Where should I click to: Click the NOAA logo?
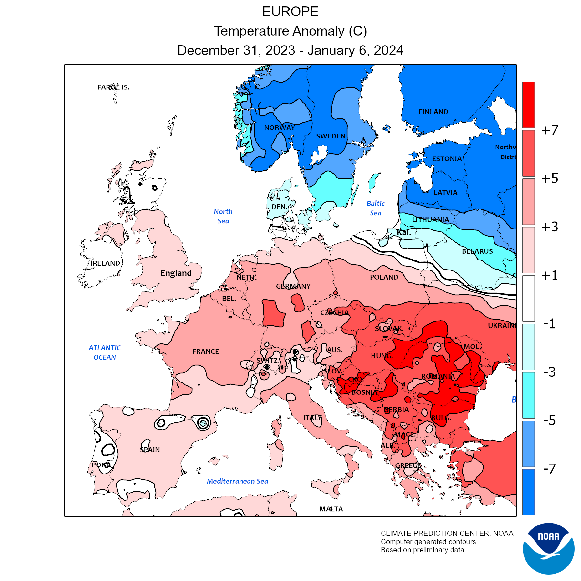[x=548, y=548]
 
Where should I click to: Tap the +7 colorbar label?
[x=550, y=130]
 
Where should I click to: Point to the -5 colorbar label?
[x=550, y=420]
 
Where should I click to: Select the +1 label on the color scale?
[x=550, y=275]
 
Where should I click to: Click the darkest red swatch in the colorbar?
[x=528, y=105]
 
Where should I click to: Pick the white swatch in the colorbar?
[x=528, y=298]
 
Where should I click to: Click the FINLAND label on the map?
[x=433, y=112]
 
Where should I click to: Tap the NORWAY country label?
[x=280, y=127]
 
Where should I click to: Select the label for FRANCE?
[x=206, y=352]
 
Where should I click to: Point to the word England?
[x=176, y=273]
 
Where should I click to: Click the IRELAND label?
[x=105, y=263]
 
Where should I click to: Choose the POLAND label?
[x=384, y=277]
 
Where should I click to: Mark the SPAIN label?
[x=150, y=450]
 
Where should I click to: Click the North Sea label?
[x=223, y=216]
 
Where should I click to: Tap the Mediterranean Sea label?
[x=237, y=481]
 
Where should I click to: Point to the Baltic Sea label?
[x=375, y=208]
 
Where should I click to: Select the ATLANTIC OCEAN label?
[x=105, y=352]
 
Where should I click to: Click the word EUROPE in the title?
[x=290, y=12]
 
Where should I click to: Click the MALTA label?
[x=331, y=509]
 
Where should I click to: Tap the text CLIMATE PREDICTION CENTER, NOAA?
[x=447, y=533]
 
